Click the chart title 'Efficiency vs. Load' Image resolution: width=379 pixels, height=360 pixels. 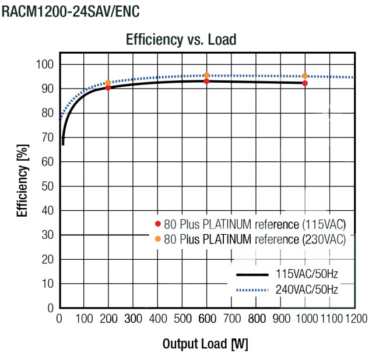pyautogui.click(x=181, y=40)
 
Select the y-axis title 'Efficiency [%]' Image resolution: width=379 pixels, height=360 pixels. pyautogui.click(x=23, y=182)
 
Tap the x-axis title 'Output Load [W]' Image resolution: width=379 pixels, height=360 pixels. pyautogui.click(x=205, y=344)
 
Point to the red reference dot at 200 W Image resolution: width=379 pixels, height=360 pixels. pyautogui.click(x=108, y=88)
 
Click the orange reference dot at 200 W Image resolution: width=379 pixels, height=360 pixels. pyautogui.click(x=108, y=83)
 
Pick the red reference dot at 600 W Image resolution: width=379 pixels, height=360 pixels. pyautogui.click(x=206, y=81)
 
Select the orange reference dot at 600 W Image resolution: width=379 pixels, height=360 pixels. pyautogui.click(x=206, y=75)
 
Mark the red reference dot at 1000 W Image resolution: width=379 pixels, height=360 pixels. pyautogui.click(x=304, y=83)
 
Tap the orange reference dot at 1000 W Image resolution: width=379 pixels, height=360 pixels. pyautogui.click(x=304, y=76)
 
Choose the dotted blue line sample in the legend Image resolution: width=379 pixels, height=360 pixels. pyautogui.click(x=252, y=289)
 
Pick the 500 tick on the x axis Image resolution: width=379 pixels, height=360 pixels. pyautogui.click(x=182, y=319)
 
